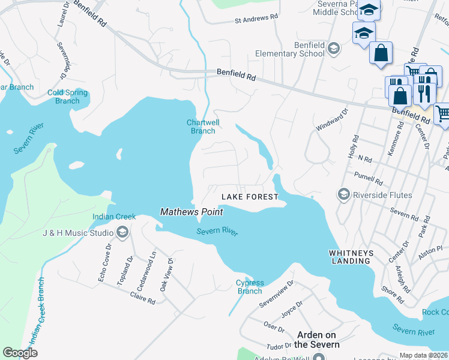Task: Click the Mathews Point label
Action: (191, 211)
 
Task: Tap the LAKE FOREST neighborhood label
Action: (250, 197)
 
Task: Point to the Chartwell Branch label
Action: (202, 127)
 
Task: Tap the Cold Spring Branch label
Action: (67, 97)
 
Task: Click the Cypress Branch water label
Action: (250, 287)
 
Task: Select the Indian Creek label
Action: (114, 217)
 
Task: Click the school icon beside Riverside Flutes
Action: (344, 194)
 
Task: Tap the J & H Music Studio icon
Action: (122, 233)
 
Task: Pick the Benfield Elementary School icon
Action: (334, 49)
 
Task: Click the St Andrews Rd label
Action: (256, 20)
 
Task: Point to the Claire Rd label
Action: (143, 298)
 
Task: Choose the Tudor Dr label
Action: (279, 346)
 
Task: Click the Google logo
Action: (20, 353)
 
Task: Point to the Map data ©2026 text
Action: (423, 355)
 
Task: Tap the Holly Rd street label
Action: (353, 146)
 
